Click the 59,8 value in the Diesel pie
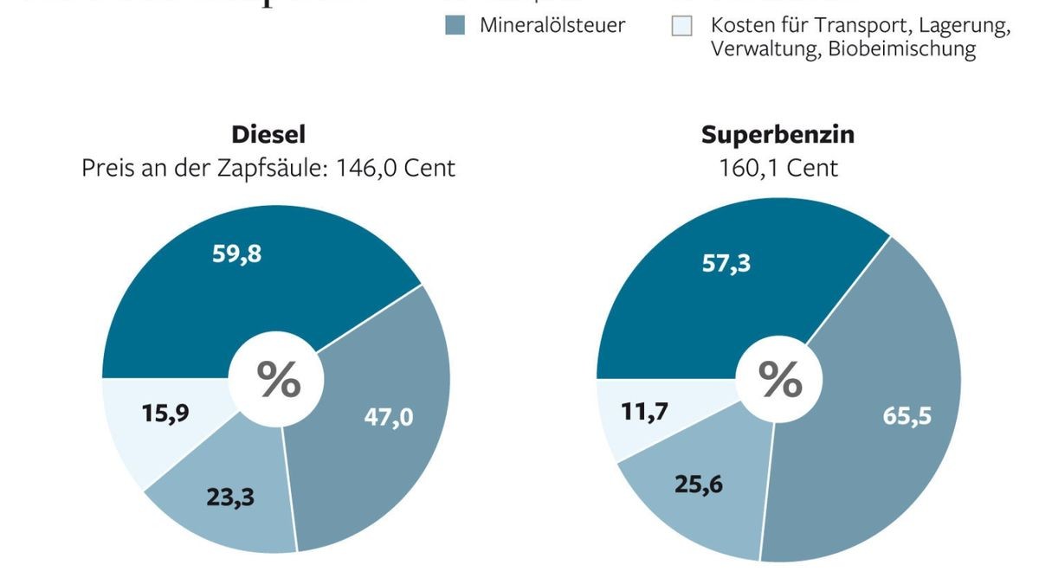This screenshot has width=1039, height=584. pos(237,254)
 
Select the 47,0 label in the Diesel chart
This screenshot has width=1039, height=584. pos(388,417)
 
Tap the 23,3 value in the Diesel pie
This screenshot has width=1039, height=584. pos(230,497)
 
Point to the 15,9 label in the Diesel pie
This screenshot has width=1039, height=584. pos(165,413)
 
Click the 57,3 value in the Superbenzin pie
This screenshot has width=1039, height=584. pos(726,262)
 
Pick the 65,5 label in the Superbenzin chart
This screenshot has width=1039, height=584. pos(907,416)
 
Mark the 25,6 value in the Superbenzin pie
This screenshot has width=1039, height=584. pos(699,484)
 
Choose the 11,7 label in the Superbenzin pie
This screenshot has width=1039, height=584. pos(644,412)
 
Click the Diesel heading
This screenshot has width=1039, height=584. pos(268,135)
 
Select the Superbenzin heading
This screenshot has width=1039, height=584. pos(778,135)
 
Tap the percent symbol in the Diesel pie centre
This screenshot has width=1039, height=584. pos(279,380)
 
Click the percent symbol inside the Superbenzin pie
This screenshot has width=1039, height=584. pos(780,379)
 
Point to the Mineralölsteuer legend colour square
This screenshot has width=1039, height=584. pos(455,26)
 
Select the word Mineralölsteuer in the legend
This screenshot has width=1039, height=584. pos(552,26)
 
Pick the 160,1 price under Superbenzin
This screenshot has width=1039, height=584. pos(751,167)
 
